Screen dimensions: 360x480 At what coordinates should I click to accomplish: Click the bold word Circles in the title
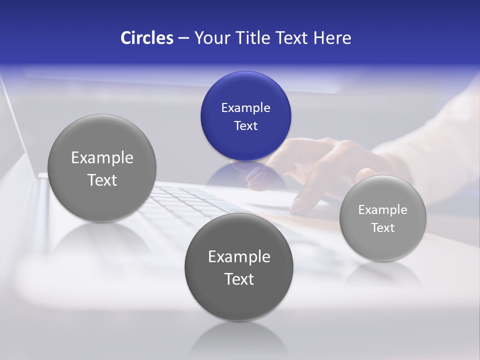click(146, 38)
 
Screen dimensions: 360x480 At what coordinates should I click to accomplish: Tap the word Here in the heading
click(332, 38)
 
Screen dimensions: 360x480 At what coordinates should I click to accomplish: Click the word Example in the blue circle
click(245, 107)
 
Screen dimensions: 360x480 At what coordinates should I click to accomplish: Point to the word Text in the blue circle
click(245, 125)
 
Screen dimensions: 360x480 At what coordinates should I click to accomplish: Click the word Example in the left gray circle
click(102, 157)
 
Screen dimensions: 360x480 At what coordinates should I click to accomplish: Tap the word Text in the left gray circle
click(102, 180)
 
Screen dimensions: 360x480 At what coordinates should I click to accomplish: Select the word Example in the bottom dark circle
click(239, 256)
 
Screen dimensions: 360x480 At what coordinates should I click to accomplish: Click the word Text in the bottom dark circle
click(239, 279)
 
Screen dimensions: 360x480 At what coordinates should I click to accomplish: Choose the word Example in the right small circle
click(382, 209)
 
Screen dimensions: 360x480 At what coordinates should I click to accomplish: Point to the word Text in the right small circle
click(382, 227)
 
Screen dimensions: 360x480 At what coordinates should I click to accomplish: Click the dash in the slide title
click(183, 38)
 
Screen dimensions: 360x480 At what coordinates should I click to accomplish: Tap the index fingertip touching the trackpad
click(296, 206)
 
